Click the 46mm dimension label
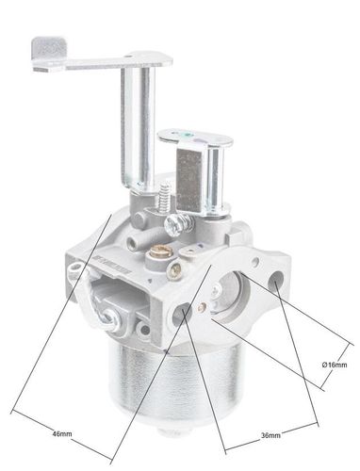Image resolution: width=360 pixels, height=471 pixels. pyautogui.click(x=62, y=433)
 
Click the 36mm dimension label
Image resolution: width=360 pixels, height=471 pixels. pyautogui.click(x=270, y=435)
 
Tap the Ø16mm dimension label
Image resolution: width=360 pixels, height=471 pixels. pyautogui.click(x=335, y=365)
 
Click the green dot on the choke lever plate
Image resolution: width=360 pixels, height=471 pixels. pyautogui.click(x=188, y=136)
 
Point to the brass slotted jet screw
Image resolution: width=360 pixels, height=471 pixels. pyautogui.click(x=161, y=251)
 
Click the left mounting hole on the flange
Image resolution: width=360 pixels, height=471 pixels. pyautogui.click(x=182, y=314)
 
